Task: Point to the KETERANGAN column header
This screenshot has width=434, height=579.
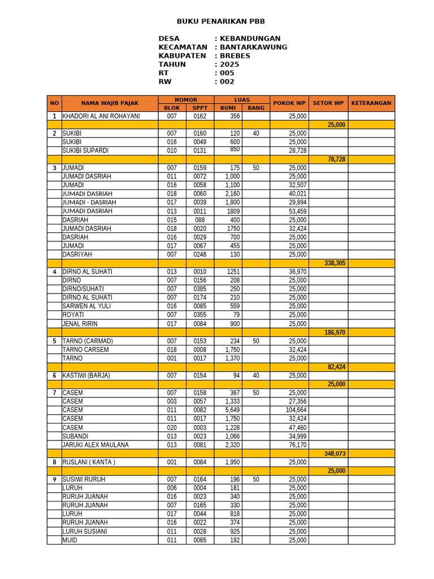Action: point(371,103)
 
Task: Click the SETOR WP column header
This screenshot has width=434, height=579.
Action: point(328,103)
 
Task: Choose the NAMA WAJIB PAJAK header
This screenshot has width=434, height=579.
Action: point(110,103)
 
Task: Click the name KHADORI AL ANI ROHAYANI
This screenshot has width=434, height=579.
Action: point(101,116)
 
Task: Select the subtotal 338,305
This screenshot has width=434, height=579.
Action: point(335,263)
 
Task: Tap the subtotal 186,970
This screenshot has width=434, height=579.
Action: point(335,332)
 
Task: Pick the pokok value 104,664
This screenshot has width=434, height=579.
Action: point(296,410)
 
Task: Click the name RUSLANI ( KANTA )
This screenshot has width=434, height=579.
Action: point(89,462)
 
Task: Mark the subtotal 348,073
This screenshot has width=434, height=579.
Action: point(335,453)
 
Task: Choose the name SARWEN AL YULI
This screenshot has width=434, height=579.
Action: point(86,306)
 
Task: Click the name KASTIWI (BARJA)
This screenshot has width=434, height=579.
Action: point(86,375)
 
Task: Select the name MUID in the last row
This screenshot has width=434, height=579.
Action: point(70,540)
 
